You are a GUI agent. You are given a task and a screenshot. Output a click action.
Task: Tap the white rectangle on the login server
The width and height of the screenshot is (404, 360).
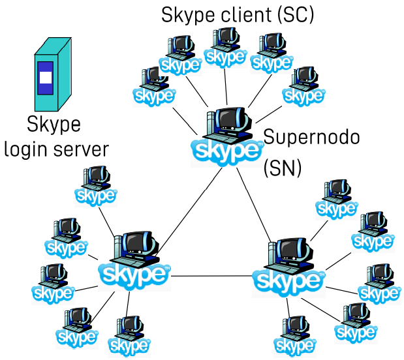(44, 78)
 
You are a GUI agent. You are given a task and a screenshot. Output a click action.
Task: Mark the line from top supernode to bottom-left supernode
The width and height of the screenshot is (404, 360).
(186, 212)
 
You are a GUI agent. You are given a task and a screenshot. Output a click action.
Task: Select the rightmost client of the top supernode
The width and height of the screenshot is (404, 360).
(303, 85)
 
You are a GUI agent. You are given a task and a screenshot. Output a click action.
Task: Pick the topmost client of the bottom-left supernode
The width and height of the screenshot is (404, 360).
(96, 184)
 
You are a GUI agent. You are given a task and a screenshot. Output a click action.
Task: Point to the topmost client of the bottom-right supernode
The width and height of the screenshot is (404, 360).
(337, 198)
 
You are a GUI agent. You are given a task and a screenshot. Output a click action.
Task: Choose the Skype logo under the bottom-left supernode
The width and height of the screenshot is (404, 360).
(134, 275)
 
